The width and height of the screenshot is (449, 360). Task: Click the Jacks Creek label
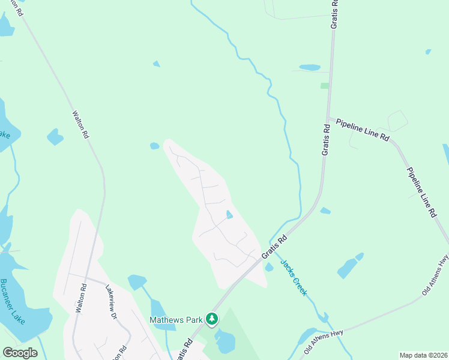coord(294,278)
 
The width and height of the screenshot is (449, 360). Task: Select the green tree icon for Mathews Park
coord(211,319)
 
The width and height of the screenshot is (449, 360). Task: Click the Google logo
coord(20,353)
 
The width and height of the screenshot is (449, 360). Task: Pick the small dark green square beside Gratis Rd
coord(325,86)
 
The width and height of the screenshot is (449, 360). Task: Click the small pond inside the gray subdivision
coord(229,215)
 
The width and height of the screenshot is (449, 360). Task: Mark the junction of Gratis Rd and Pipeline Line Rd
coord(327,118)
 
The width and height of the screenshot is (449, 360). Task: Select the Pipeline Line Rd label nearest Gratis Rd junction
coord(363,130)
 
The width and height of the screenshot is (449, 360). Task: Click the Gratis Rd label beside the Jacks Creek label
coord(274,247)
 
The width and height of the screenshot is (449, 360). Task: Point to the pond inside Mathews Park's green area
coord(225,341)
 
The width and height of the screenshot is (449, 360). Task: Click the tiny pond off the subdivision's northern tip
coord(154,146)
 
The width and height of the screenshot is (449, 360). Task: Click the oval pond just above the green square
coord(309,68)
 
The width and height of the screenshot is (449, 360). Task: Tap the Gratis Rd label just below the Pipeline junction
coord(326,140)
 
